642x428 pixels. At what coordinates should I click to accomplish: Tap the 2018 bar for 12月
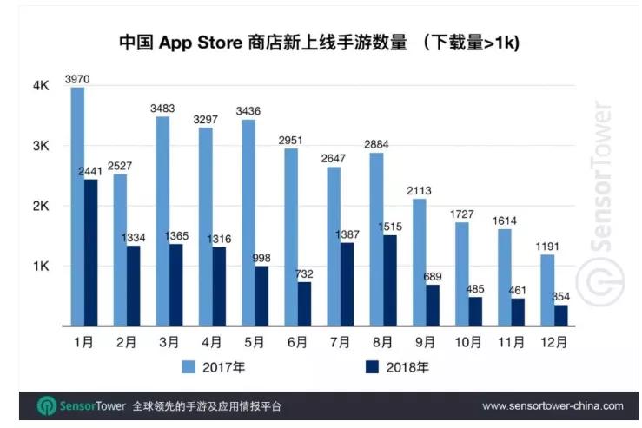coord(561,315)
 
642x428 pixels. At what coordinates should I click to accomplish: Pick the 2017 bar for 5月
coord(248,222)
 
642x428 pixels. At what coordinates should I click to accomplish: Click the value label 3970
coord(76,80)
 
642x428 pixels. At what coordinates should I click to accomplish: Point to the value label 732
coord(303,274)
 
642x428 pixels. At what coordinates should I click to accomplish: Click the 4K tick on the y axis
coord(41,86)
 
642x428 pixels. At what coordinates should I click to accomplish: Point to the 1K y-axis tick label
coord(41,267)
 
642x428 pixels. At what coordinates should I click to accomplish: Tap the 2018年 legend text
coord(412,366)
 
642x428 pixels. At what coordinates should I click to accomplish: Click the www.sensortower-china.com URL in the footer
coord(553,405)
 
